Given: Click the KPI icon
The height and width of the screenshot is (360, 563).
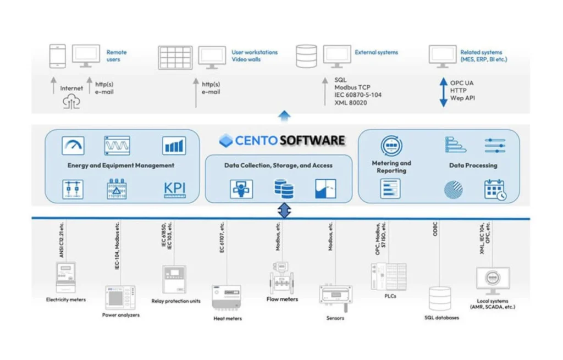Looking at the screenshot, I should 175,190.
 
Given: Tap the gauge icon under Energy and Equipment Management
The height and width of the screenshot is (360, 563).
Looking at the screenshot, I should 73,145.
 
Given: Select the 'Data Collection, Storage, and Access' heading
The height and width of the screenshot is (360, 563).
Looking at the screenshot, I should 278,165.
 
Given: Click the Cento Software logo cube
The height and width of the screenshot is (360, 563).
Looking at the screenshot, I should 226,141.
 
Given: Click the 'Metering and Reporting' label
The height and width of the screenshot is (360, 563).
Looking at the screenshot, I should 391,167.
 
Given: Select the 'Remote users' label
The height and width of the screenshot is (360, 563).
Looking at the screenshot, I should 116,56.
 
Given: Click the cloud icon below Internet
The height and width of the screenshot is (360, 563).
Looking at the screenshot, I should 71,101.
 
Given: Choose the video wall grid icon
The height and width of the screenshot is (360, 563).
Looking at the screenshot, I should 175,57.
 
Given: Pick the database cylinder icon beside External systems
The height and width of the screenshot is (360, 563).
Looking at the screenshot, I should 306,56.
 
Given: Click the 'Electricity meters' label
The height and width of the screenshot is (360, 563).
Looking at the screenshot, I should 66,300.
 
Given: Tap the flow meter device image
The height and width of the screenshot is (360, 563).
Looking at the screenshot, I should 281,280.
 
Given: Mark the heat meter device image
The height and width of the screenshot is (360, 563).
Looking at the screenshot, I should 227,297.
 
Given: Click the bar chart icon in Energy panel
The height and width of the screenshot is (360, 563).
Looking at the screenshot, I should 174,146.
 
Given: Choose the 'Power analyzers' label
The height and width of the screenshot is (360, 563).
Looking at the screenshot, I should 121,315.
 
